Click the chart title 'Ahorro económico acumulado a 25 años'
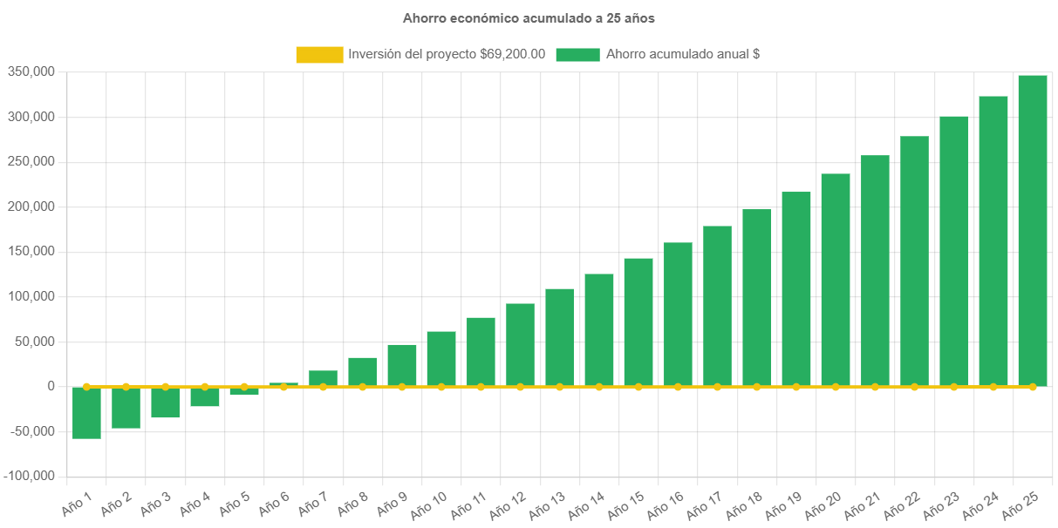(x=529, y=17)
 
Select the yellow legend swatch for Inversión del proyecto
(x=319, y=54)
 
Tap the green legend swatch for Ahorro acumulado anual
(x=577, y=54)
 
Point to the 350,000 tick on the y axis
(x=31, y=71)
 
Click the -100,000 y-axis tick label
(x=30, y=476)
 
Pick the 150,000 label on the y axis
(x=31, y=251)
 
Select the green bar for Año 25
(x=1032, y=230)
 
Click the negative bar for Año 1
(x=86, y=413)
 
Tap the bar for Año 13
(x=560, y=337)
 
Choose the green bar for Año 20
(x=836, y=279)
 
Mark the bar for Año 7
(x=323, y=378)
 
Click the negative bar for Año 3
(x=165, y=403)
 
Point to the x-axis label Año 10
(x=428, y=504)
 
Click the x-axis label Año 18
(x=744, y=504)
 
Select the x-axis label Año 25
(x=1020, y=503)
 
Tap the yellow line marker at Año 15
(x=638, y=386)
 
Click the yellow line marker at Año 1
(x=86, y=386)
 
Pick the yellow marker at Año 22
(x=914, y=386)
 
